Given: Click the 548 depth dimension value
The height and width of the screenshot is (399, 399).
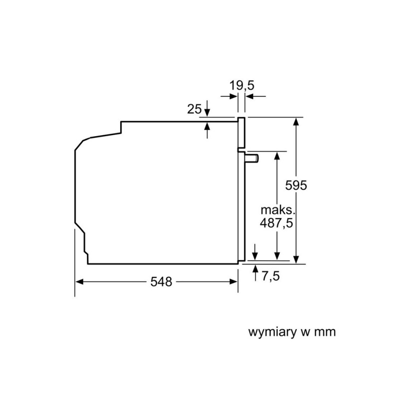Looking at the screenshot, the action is pyautogui.click(x=161, y=282).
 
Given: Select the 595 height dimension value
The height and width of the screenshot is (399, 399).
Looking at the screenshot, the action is pyautogui.click(x=296, y=185).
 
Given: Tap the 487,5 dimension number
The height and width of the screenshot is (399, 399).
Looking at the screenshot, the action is pyautogui.click(x=276, y=223).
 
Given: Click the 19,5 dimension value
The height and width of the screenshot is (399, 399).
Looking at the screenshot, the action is pyautogui.click(x=242, y=85).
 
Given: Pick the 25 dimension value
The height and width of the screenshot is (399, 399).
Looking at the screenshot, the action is pyautogui.click(x=195, y=109).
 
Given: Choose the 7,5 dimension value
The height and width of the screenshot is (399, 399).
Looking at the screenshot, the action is pyautogui.click(x=271, y=276).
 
